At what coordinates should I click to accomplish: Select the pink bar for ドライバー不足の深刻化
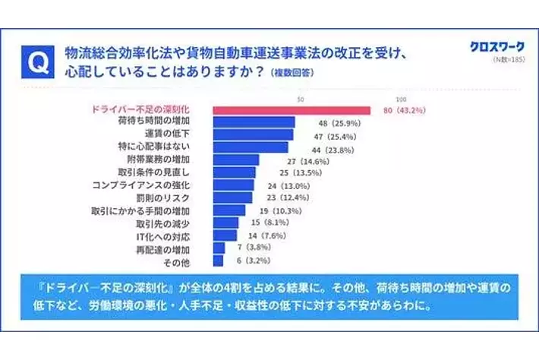(x=292, y=110)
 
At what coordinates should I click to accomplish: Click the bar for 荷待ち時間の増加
(x=254, y=122)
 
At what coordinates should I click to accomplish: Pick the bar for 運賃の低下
(x=253, y=134)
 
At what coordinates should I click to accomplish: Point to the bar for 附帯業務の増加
(x=236, y=159)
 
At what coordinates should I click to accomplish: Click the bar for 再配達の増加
(x=219, y=248)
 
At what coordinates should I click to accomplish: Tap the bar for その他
(x=218, y=261)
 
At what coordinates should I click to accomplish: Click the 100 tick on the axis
(x=402, y=99)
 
